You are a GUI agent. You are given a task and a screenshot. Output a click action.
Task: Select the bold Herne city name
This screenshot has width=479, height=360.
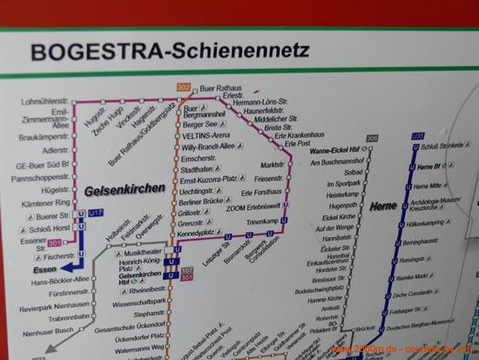384,206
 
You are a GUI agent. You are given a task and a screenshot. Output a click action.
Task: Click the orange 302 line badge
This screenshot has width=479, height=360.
183,87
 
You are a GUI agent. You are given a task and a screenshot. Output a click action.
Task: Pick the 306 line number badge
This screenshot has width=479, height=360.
372,139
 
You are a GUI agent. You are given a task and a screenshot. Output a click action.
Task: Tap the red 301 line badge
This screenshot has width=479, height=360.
55,243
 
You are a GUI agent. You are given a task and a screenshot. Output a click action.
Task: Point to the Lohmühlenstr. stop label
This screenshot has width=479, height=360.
44,102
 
